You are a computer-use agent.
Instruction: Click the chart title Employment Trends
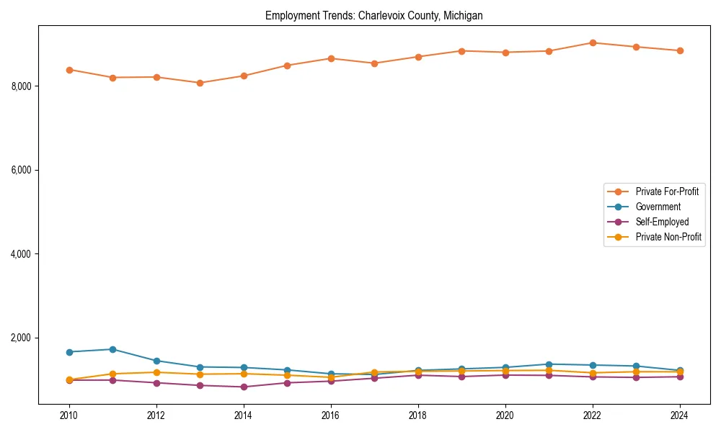[x=373, y=15]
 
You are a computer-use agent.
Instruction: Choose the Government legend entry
[x=658, y=207]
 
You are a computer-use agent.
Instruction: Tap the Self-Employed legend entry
[x=662, y=222]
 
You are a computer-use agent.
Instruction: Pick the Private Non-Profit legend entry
[x=668, y=237]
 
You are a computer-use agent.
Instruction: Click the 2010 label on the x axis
[x=69, y=415]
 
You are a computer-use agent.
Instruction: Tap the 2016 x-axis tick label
[x=330, y=415]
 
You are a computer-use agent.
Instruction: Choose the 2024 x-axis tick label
[x=679, y=415]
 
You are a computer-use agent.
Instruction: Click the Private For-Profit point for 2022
[x=593, y=42]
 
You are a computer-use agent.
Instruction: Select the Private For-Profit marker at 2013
[x=200, y=83]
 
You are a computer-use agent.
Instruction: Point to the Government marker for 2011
[x=112, y=349]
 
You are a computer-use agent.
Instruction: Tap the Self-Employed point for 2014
[x=244, y=387]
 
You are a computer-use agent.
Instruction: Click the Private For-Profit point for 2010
[x=69, y=70]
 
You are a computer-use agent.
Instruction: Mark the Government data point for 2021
[x=549, y=364]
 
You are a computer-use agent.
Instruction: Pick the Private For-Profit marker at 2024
[x=679, y=50]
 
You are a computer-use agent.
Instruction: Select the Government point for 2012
[x=156, y=361]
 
